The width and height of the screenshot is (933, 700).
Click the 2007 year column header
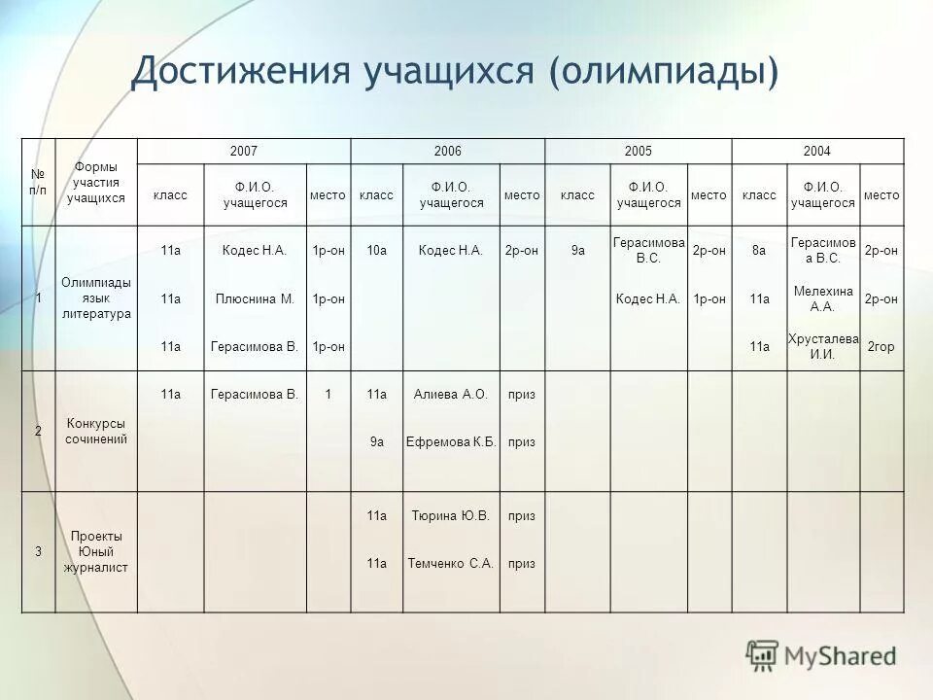243,151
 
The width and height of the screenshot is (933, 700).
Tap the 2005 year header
639,151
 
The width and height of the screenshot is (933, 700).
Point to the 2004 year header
817,151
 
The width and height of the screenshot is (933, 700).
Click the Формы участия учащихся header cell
95,182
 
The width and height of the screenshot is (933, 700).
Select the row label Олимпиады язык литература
95,298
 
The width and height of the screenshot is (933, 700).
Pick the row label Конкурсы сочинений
95,431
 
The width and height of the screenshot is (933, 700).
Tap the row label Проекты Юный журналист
95,551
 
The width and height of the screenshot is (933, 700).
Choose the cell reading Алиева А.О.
450,394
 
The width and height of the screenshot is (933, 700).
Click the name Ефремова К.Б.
451,442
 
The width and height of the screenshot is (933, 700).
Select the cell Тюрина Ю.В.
450,515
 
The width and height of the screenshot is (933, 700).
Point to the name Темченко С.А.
450,563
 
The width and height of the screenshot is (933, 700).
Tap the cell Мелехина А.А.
822,298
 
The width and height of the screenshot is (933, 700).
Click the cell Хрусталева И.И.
822,346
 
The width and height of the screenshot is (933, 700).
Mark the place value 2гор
881,346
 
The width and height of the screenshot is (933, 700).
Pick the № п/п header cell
39,182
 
